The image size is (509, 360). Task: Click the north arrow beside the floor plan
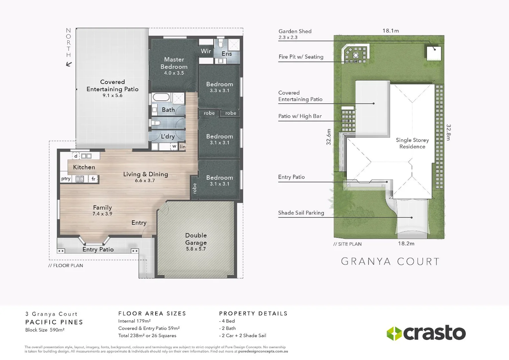point(69,64)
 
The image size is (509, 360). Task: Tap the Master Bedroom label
point(174,63)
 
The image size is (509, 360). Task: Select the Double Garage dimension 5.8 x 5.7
point(196,249)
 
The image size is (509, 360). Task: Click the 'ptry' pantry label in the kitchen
point(66,179)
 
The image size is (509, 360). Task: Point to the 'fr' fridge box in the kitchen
point(93,179)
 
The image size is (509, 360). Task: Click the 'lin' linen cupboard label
point(183,147)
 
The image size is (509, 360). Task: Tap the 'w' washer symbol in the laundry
point(174,146)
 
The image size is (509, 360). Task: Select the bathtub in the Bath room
point(161,98)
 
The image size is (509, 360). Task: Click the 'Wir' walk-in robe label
point(206,51)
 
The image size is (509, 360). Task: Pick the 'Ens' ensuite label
point(227,54)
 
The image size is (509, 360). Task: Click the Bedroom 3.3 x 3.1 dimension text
point(220,91)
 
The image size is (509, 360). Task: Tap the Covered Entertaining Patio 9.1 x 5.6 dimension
point(113,96)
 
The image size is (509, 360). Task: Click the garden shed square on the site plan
point(434,53)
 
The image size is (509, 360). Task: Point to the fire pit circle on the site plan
point(356,55)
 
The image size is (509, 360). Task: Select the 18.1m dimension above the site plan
point(390,31)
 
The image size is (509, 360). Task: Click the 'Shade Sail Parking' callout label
point(301,213)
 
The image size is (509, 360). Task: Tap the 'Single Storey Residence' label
point(412,143)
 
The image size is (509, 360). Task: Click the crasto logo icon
point(394,333)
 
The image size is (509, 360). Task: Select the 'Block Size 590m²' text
point(45,330)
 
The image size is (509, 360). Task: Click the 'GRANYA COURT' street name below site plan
point(390,262)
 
